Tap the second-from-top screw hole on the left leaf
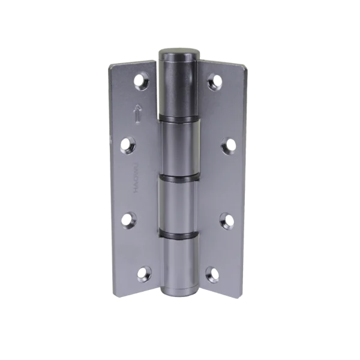point(128,143)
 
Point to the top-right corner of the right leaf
point(246,67)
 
